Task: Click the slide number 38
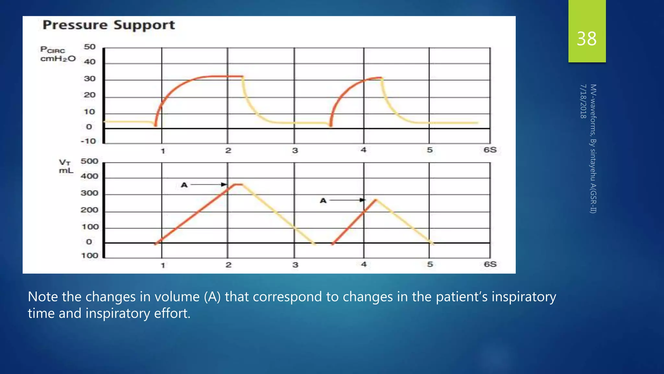[587, 39]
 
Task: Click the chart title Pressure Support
[109, 25]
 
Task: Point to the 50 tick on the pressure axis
[90, 47]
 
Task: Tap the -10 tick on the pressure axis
[89, 141]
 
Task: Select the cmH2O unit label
[58, 59]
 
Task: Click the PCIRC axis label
[53, 50]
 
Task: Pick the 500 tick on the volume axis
[89, 161]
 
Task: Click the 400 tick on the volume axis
[89, 176]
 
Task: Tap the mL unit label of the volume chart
[66, 171]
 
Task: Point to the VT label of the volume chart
[65, 162]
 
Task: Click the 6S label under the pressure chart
[490, 150]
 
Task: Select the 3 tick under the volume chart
[295, 265]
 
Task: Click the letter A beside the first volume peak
[184, 185]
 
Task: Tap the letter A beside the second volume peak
[323, 201]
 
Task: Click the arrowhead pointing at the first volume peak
[224, 184]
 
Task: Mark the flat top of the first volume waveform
[238, 184]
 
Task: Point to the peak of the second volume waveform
[376, 199]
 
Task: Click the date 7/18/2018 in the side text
[583, 101]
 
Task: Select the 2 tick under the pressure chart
[228, 150]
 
